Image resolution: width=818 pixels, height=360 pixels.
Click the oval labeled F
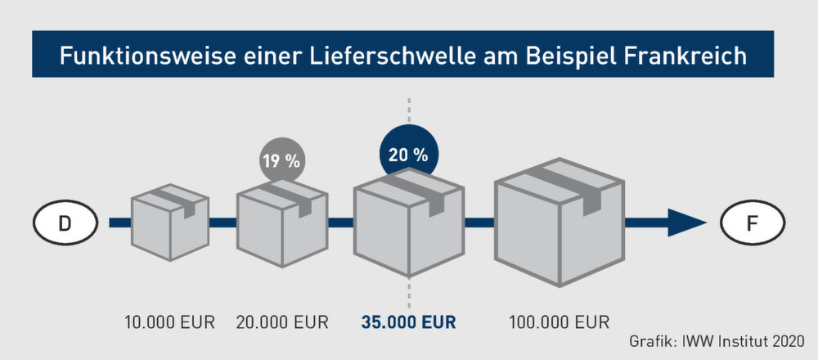coord(753,221)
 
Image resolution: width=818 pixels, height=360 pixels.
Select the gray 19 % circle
coord(281,160)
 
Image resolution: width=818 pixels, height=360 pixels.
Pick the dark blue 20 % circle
coord(409,152)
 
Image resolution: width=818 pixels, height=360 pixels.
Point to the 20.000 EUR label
coord(282,322)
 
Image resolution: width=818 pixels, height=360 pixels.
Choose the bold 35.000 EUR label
coord(409,322)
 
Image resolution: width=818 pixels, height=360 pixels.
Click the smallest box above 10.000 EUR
coord(170,222)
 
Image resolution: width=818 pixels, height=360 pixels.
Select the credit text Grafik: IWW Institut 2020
coord(717,340)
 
